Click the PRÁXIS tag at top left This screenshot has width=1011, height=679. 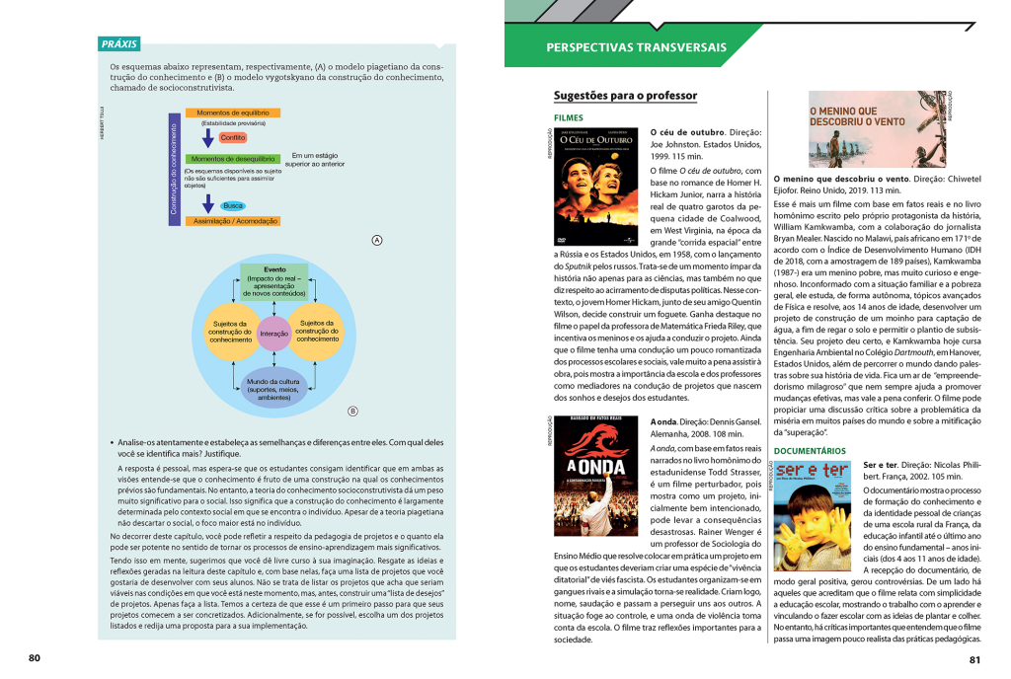click(x=119, y=44)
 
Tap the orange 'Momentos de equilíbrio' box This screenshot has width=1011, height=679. click(x=232, y=113)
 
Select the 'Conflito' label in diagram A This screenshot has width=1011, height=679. click(x=234, y=137)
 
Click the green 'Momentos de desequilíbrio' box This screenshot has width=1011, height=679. click(x=232, y=159)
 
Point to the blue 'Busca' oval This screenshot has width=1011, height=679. click(x=234, y=205)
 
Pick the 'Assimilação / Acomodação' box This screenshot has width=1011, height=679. click(x=232, y=221)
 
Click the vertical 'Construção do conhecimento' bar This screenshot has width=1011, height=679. click(x=174, y=170)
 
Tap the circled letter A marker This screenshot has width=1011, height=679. click(x=376, y=240)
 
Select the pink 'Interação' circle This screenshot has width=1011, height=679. click(x=274, y=334)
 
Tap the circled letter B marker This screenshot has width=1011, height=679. click(x=352, y=412)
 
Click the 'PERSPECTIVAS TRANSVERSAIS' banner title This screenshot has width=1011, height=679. click(x=637, y=47)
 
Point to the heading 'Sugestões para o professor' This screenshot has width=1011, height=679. click(x=626, y=96)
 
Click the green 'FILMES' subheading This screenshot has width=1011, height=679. click(x=569, y=118)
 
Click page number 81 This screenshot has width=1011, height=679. click(x=975, y=659)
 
